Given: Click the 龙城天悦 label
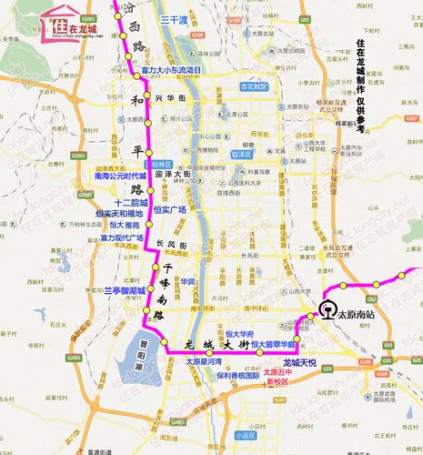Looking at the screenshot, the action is (298, 361).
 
